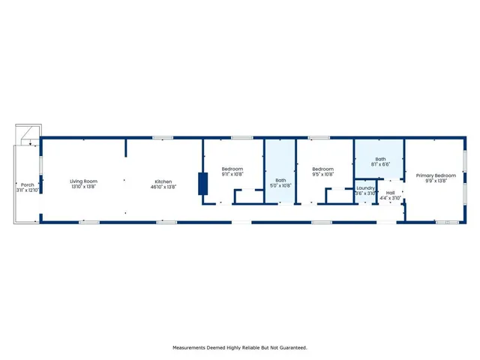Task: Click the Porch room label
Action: coord(28,184)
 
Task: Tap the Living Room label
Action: coord(84,181)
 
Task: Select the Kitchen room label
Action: coord(164,181)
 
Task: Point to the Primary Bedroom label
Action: coord(436,175)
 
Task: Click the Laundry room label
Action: coord(365,187)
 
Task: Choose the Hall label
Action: coord(391,193)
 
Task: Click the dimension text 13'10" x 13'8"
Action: coord(84,187)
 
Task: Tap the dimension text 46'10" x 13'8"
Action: coord(164,187)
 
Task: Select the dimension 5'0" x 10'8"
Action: coord(280,185)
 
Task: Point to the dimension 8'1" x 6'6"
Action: coord(380,165)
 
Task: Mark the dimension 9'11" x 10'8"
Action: coord(232,175)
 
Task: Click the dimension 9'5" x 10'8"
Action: coord(322,175)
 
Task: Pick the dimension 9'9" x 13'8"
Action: coord(436,181)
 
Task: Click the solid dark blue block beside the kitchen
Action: coord(202,184)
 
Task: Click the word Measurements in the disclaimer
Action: coord(193,348)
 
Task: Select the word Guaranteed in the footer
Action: coord(290,348)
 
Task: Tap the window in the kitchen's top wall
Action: coord(158,138)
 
